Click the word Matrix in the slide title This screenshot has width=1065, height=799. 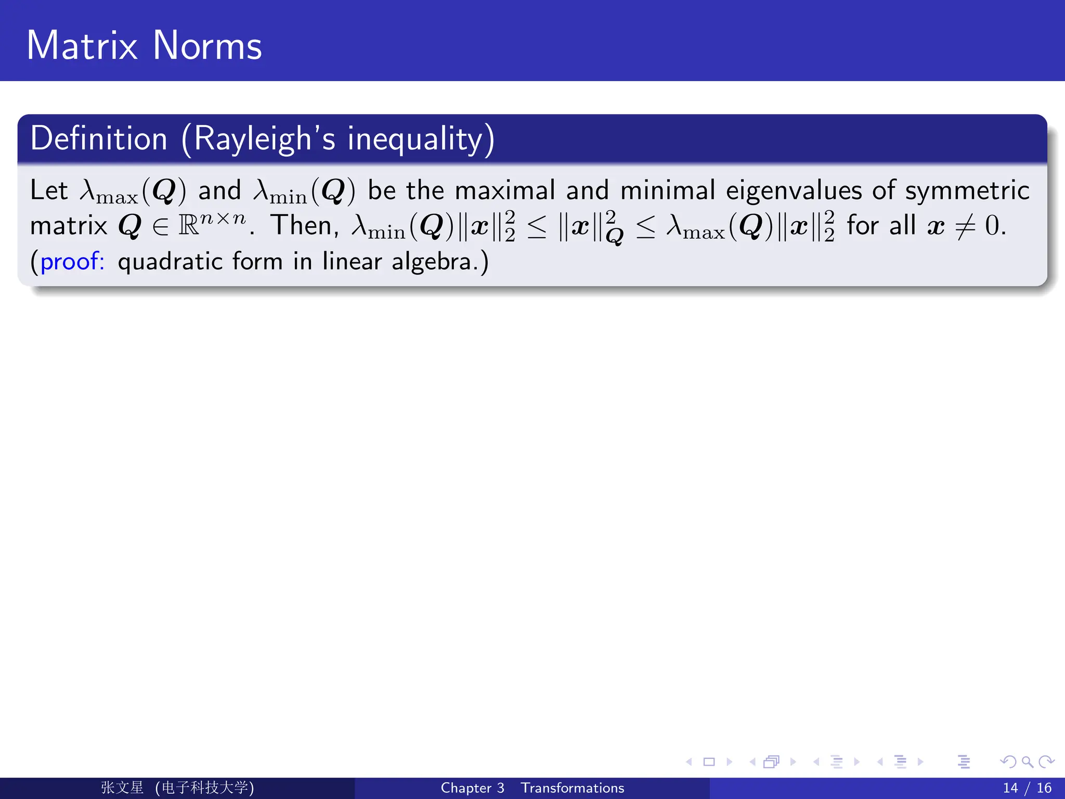click(x=82, y=46)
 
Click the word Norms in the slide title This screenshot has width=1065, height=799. click(x=207, y=46)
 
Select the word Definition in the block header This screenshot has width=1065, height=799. click(x=99, y=139)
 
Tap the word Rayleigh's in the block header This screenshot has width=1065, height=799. click(x=265, y=139)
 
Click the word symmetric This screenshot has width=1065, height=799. click(x=967, y=191)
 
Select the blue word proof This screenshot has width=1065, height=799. click(x=71, y=261)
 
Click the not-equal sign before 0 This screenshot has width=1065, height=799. click(x=965, y=227)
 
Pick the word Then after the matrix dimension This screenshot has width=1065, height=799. click(x=304, y=225)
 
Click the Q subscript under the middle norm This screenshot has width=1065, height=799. click(x=615, y=237)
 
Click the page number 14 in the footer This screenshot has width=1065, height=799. click(x=1010, y=788)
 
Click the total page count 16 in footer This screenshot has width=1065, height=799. click(x=1044, y=788)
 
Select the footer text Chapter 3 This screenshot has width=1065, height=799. click(x=472, y=788)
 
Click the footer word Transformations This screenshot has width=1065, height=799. click(x=572, y=788)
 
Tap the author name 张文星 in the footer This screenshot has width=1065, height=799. click(x=122, y=788)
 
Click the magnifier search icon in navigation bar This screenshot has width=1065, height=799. click(x=1027, y=762)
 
